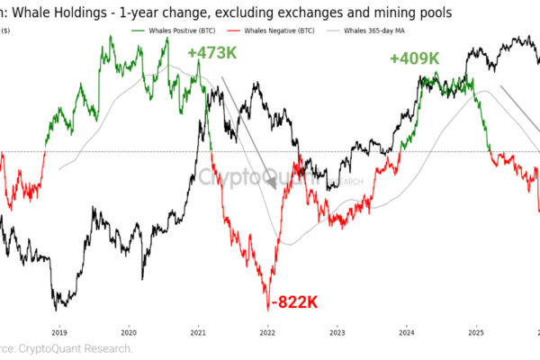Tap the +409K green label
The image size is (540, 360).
[414, 58]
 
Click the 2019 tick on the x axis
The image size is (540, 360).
[58, 332]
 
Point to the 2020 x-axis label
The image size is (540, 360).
[128, 332]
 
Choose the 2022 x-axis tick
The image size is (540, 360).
[267, 332]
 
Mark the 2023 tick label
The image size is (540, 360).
[337, 332]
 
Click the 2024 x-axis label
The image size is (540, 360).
[406, 332]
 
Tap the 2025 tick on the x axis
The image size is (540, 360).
[476, 332]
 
